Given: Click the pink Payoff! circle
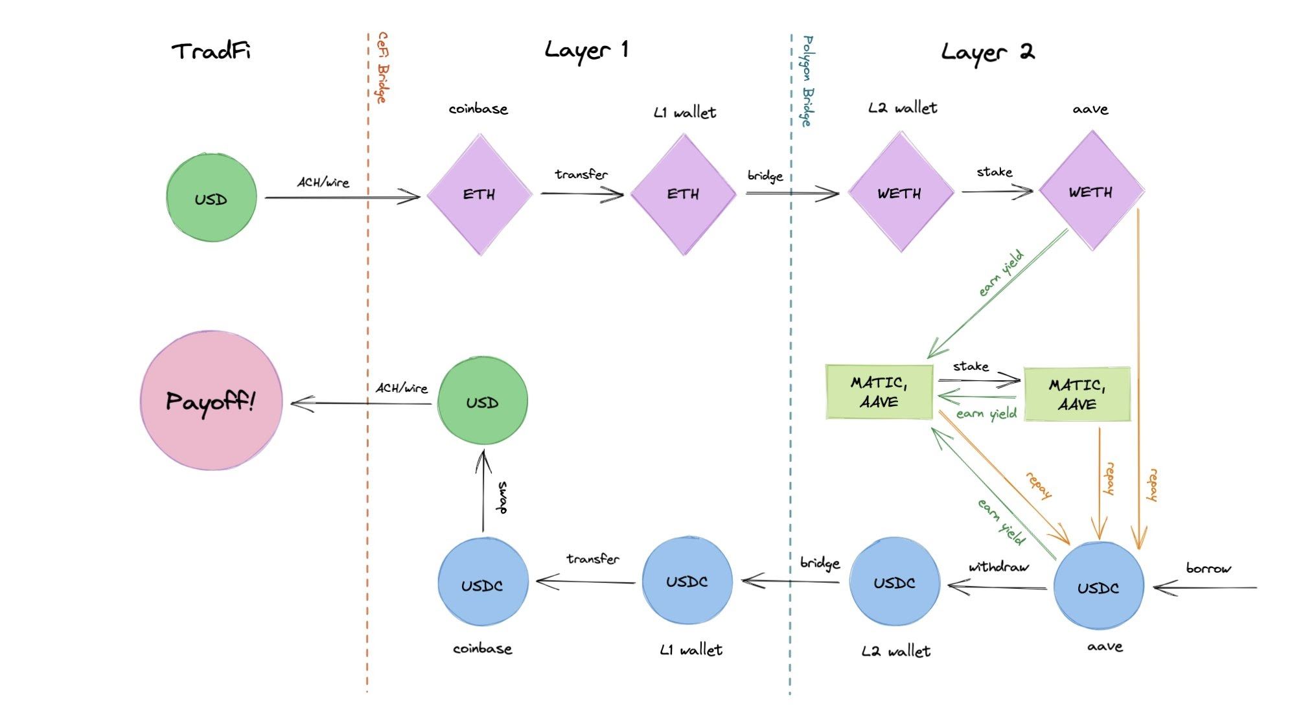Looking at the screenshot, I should coord(211,401).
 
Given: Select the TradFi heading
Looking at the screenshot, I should coord(211,51).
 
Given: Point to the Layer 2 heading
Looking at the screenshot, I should coord(987,52).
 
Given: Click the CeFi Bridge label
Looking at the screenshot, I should coord(383,67).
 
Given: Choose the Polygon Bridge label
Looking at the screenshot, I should coord(807,81).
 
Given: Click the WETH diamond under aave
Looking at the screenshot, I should coord(1091,192).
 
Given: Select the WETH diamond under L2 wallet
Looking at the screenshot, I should coord(900,192).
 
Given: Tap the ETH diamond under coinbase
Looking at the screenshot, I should coord(479,194).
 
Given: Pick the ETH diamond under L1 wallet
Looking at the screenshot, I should coord(684,194).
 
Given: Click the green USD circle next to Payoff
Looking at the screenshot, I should coord(483,402).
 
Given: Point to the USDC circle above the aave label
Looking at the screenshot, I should coord(1098,587).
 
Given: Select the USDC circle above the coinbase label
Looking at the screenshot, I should coord(483,585).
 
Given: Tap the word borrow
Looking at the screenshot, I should coord(1208,568).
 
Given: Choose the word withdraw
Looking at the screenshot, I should coord(998,567).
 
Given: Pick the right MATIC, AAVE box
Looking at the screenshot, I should coord(1077,394).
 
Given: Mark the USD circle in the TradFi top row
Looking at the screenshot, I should coord(211,198).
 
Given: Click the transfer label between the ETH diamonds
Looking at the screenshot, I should coord(581,174).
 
